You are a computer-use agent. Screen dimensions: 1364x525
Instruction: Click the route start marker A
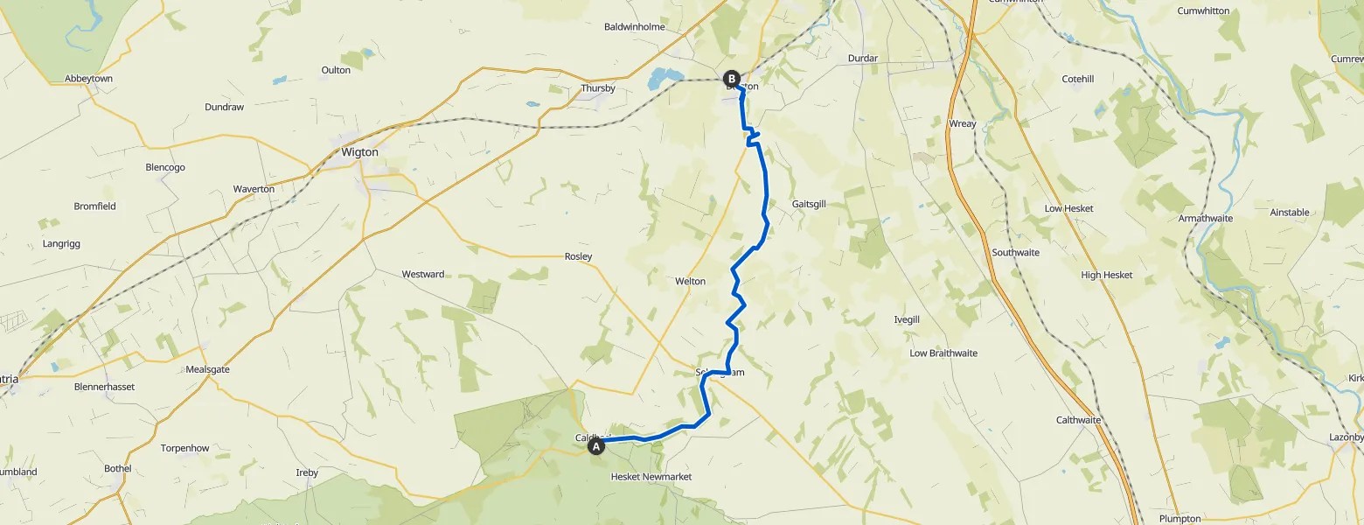pos(596,446)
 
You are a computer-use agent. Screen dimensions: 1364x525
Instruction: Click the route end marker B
pos(732,79)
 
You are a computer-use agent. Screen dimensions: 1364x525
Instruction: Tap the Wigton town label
pos(359,152)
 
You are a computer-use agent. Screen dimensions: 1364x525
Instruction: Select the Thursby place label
pos(598,88)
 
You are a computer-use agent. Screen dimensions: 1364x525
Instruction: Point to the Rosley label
pos(578,256)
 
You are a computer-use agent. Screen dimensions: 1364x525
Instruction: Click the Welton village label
pos(690,281)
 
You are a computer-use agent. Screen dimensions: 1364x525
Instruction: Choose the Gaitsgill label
pos(809,204)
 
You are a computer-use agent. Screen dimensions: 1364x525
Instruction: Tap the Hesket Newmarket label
pos(651,476)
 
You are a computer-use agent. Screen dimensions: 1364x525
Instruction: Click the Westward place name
pos(423,274)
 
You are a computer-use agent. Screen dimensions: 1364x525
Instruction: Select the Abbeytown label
pos(89,78)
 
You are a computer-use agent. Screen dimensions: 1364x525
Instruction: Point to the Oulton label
pos(336,70)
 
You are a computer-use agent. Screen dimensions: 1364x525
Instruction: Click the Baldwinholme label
pos(634,27)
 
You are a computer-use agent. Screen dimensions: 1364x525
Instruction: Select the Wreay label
pos(962,123)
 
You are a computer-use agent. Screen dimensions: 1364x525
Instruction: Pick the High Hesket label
pos(1106,275)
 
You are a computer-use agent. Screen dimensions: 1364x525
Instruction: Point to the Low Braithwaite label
pos(943,353)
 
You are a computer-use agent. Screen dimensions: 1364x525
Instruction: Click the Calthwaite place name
pos(1078,420)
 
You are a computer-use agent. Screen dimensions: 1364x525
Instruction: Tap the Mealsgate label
pos(207,369)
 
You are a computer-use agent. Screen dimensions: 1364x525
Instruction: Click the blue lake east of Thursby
pos(662,80)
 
